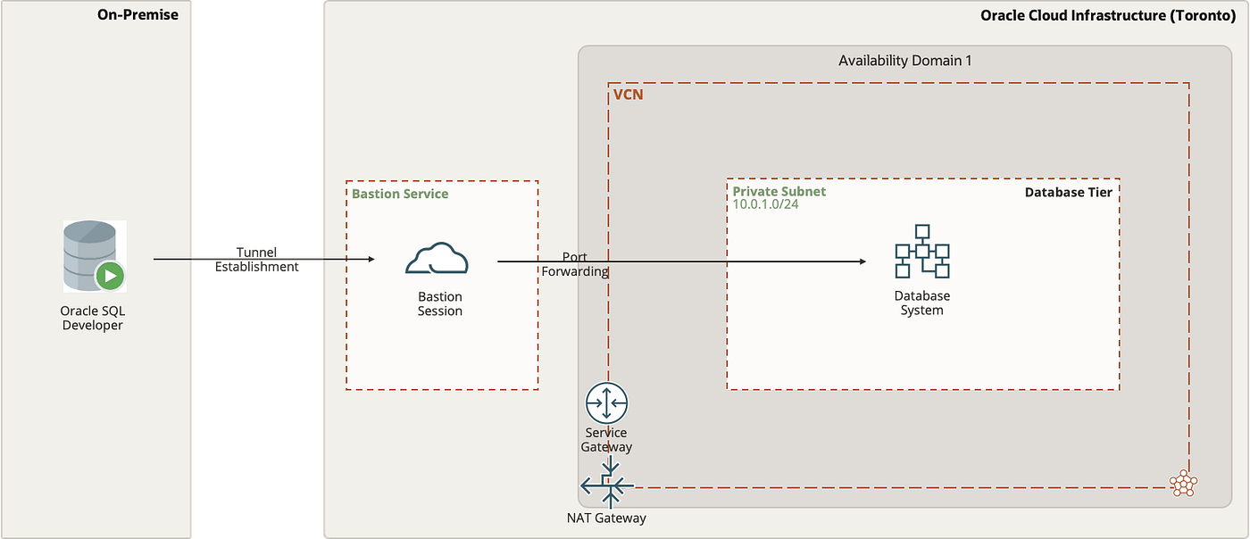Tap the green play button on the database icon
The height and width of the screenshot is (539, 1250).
111,276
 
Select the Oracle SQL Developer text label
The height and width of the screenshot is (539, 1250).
92,319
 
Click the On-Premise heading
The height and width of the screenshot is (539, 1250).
137,15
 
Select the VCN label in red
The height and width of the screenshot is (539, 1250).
628,94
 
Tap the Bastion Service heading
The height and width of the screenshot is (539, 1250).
400,194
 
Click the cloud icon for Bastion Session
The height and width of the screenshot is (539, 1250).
437,259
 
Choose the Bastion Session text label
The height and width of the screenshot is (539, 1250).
440,304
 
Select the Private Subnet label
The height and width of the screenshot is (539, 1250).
779,191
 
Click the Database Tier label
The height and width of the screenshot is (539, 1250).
1068,192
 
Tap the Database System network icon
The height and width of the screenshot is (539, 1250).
921,252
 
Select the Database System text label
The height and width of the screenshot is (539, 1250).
921,303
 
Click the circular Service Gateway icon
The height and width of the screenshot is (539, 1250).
607,403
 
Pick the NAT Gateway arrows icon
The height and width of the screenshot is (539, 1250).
608,486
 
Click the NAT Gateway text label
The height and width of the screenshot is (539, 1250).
606,518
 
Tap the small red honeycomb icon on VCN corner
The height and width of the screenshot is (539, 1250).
1183,483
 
